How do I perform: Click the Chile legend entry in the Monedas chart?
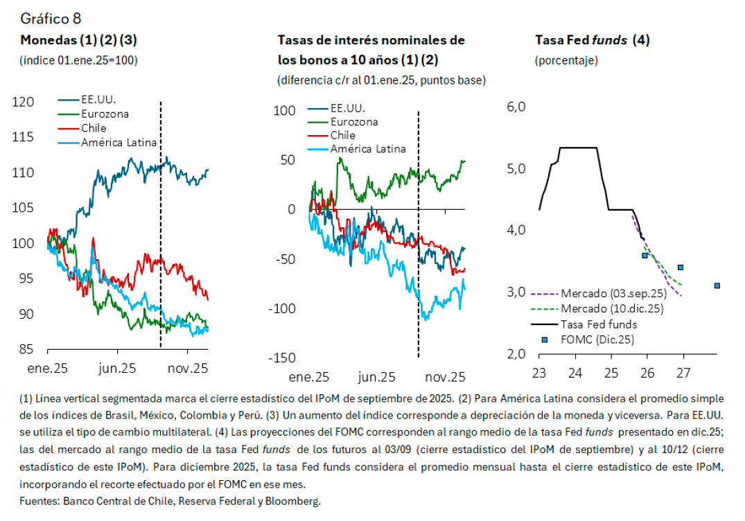(94, 128)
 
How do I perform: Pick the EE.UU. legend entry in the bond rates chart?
(347, 108)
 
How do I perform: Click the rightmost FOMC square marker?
(717, 285)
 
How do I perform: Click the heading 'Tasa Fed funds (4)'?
(592, 40)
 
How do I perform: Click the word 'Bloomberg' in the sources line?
(297, 500)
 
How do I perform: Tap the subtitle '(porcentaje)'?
(566, 60)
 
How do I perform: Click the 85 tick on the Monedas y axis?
(27, 350)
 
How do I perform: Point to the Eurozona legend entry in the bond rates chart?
(354, 122)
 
